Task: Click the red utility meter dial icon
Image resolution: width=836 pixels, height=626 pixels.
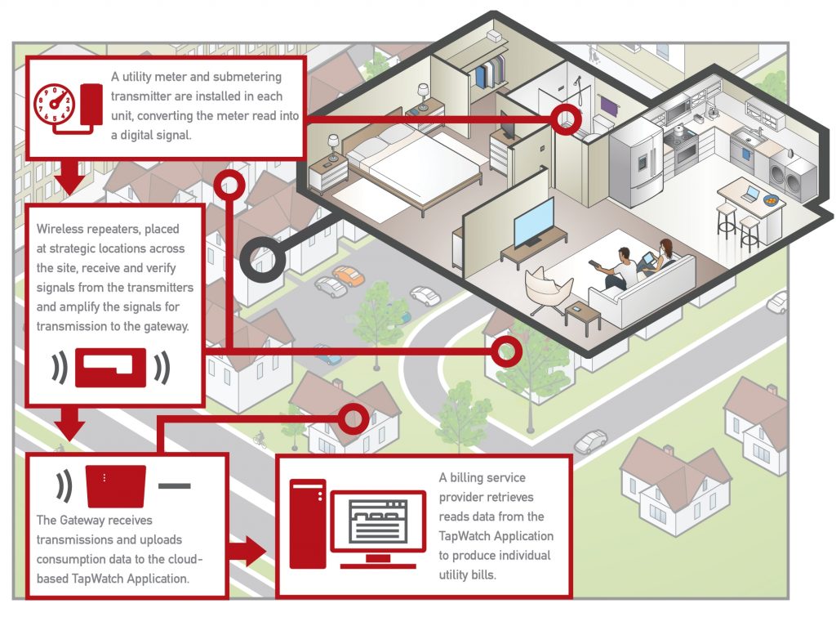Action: coord(54,106)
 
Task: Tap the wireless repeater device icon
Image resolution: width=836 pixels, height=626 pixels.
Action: coord(110,367)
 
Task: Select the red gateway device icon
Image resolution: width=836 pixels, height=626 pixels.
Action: coord(116,485)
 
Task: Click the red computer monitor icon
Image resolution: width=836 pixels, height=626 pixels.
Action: coord(377,524)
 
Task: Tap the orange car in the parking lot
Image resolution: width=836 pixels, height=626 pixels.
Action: coord(349,275)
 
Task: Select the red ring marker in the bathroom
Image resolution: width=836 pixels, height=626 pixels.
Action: coord(564,119)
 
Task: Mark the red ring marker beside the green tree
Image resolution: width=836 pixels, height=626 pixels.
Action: coord(506,351)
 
